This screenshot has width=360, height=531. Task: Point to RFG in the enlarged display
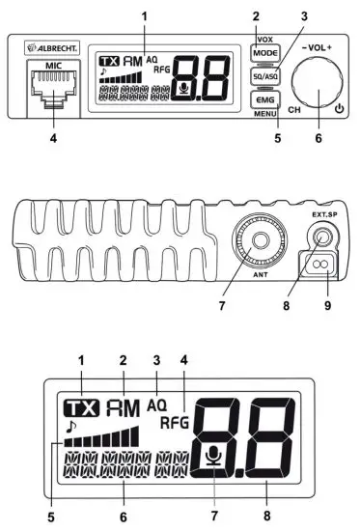(x=175, y=423)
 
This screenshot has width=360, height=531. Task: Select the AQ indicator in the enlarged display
(x=156, y=405)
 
